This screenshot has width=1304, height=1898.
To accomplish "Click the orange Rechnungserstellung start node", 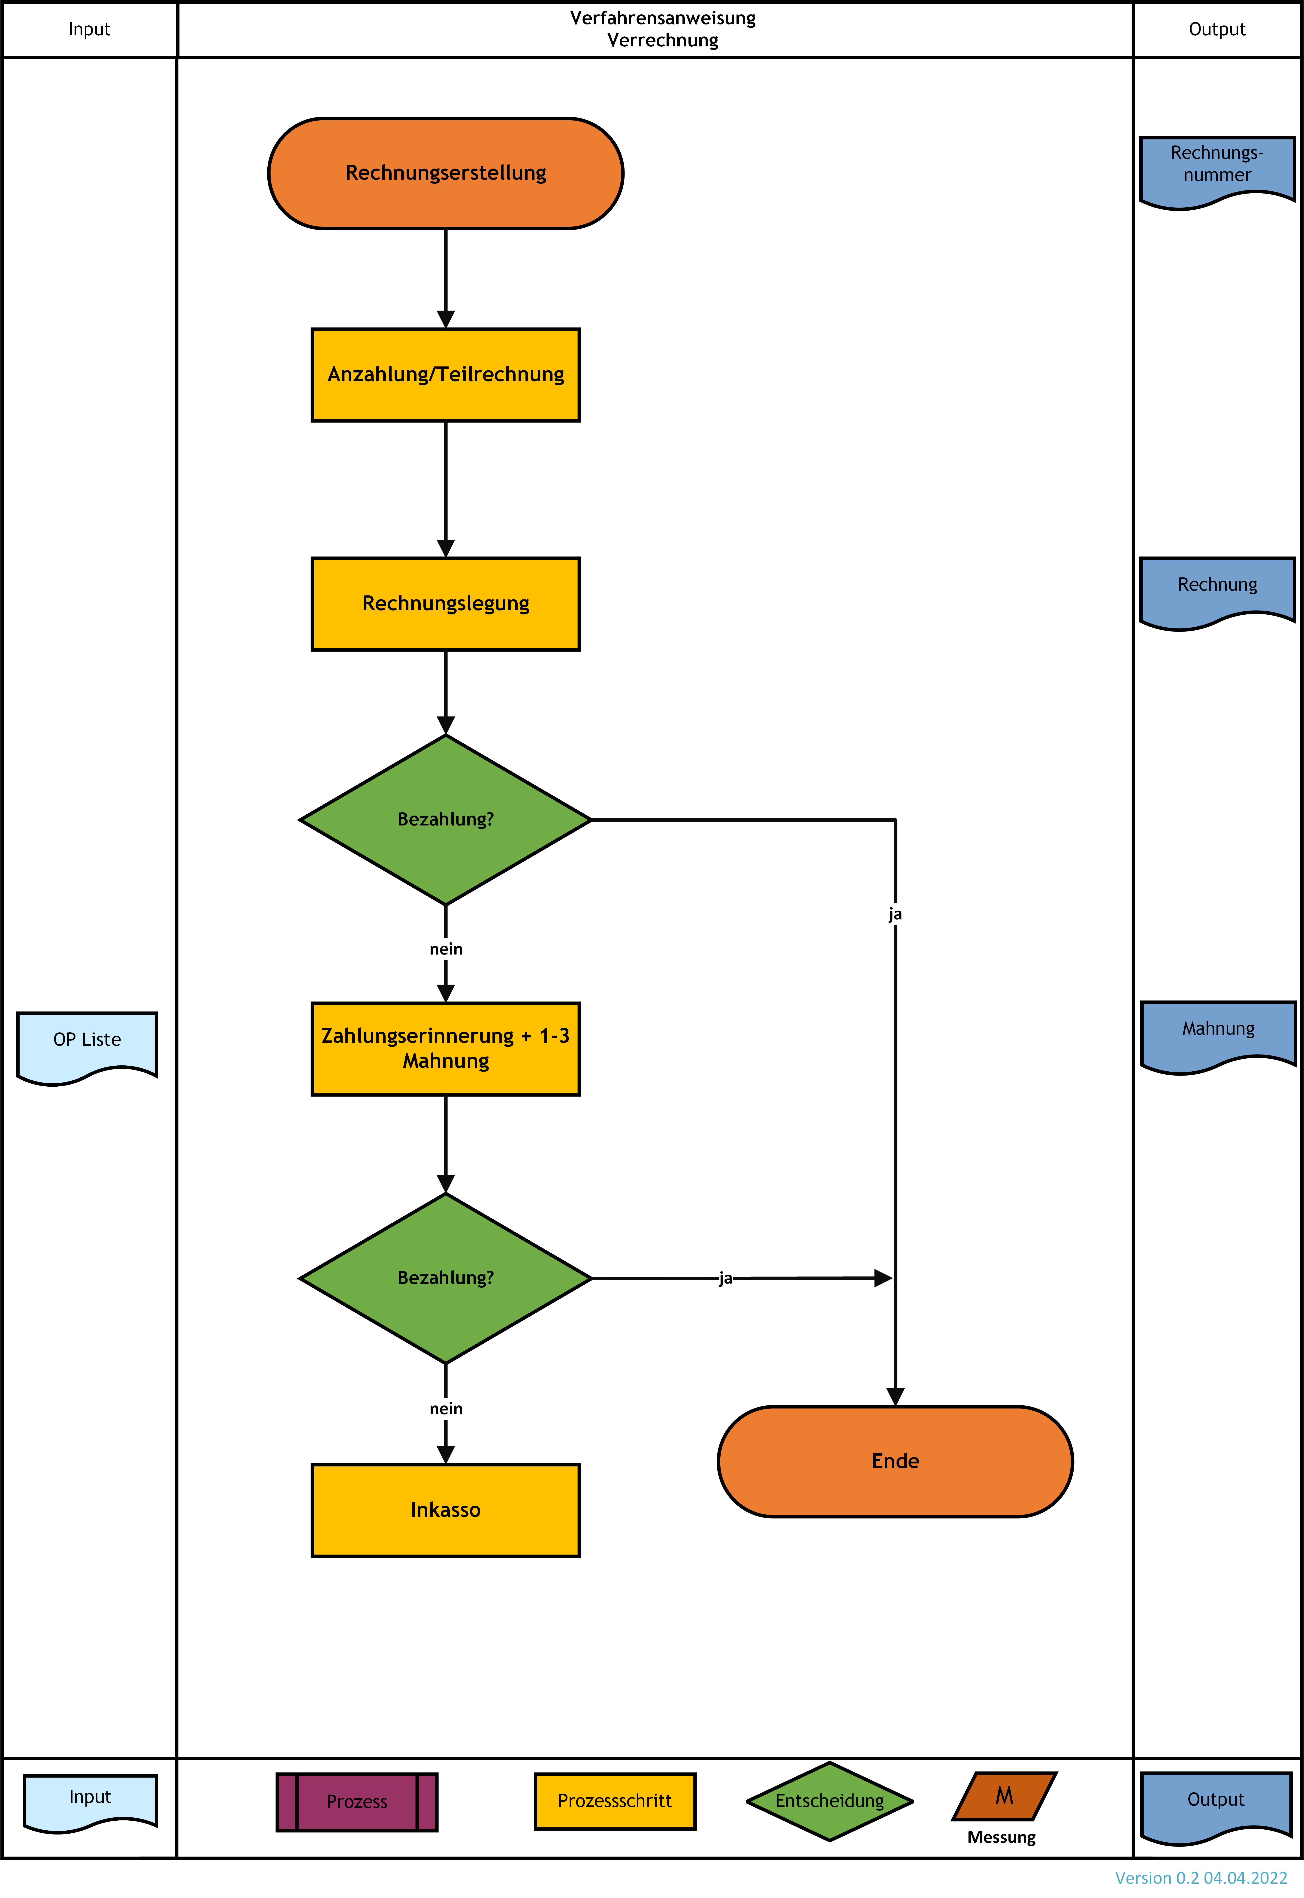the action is point(445,173).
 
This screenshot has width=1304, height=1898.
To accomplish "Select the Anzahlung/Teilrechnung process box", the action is point(445,375).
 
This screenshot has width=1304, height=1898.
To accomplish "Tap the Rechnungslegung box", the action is point(445,604).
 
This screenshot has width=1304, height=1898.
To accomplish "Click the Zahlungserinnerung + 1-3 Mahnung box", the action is point(445,1048).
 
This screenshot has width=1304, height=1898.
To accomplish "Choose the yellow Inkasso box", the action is point(445,1510).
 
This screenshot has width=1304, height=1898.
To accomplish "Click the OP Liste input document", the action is point(87,1046).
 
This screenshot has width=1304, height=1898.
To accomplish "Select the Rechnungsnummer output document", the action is point(1217,170).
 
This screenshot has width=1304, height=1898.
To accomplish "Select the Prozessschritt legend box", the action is point(614,1801).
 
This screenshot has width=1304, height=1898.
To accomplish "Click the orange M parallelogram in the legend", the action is point(1004,1796).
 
